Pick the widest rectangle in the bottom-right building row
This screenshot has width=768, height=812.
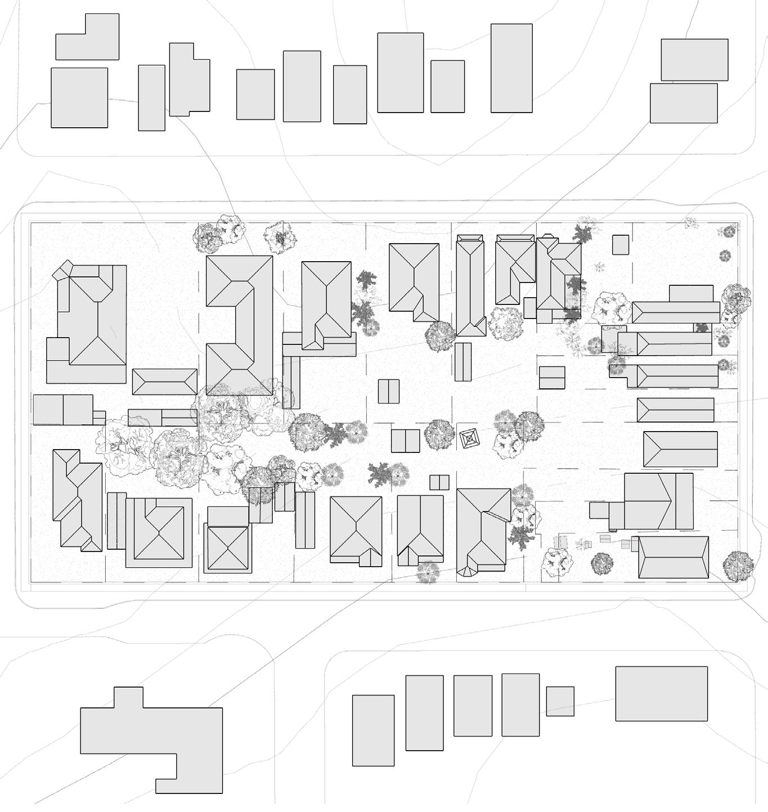coord(661,693)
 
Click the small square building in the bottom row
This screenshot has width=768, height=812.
coord(560,701)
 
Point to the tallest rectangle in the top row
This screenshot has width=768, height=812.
coord(511,68)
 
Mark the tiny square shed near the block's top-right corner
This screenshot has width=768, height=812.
coord(620,245)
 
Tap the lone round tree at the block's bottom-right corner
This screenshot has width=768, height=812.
coord(738,566)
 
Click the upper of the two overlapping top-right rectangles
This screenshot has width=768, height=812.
coord(694,60)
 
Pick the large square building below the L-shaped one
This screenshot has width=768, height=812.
coord(79,98)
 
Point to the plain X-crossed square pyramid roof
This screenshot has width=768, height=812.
coord(228,548)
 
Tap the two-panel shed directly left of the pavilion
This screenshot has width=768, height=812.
coord(405,441)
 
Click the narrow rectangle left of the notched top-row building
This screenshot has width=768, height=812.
coord(151,98)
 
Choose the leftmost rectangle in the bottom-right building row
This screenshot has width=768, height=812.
coord(373,730)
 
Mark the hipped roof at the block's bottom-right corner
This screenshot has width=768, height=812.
coord(673,557)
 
